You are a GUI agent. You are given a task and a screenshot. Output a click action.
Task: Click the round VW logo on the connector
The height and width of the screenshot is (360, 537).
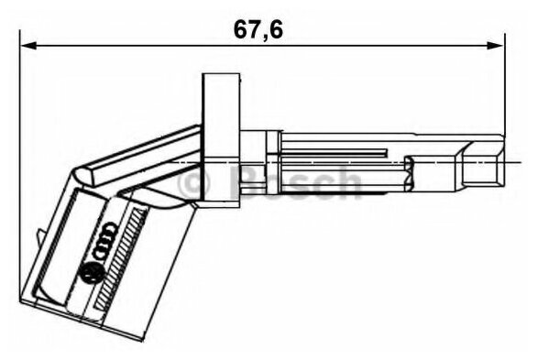(92, 273)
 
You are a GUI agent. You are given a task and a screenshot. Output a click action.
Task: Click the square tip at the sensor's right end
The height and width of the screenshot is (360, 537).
(483, 168)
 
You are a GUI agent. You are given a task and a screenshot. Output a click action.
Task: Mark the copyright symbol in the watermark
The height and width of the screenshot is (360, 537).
(197, 182)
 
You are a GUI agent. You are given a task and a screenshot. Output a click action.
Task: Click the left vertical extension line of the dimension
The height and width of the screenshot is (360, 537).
(20, 165)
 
